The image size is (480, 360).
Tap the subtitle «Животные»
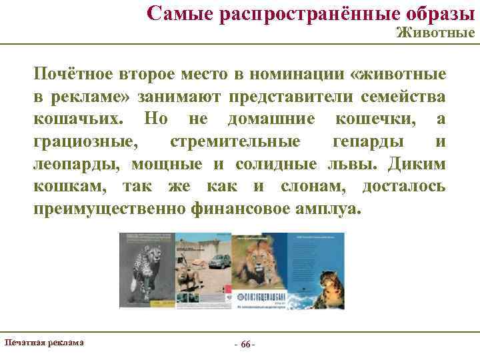(x=435, y=33)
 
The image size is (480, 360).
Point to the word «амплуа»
(x=327, y=209)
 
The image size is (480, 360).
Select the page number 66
(x=245, y=344)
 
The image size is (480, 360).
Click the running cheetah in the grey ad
(x=148, y=267)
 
